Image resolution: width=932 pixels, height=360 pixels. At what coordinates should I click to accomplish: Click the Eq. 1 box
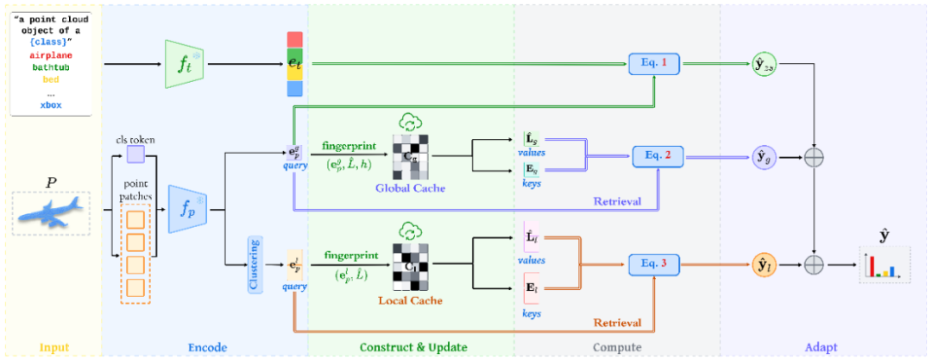(x=653, y=63)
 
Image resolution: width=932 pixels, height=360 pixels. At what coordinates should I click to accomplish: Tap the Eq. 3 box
(x=654, y=262)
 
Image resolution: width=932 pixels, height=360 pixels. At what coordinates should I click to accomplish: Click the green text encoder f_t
(x=183, y=63)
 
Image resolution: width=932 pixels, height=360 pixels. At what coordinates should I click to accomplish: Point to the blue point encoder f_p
(x=189, y=207)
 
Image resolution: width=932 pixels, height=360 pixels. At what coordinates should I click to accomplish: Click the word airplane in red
(x=51, y=55)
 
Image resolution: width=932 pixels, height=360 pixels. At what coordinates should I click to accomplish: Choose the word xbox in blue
(x=51, y=104)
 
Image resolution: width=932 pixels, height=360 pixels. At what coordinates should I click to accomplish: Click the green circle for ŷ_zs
(x=764, y=64)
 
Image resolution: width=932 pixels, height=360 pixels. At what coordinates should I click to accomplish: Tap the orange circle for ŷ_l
(x=764, y=263)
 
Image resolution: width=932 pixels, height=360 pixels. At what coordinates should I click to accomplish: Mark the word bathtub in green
(x=51, y=66)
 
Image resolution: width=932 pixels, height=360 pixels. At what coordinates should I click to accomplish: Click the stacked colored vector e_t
(x=295, y=63)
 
